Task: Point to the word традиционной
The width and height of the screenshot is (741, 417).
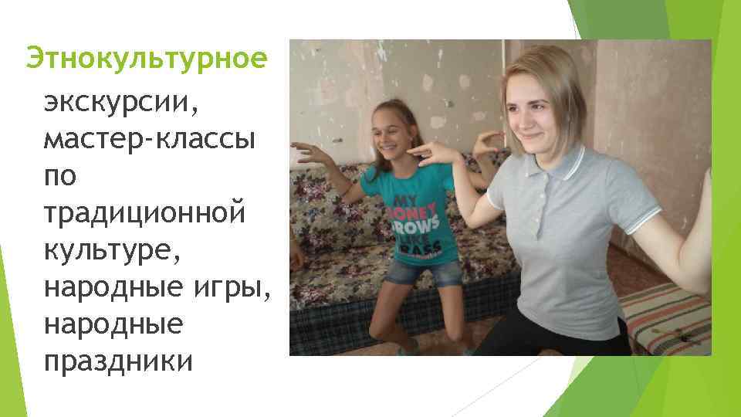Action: point(144,212)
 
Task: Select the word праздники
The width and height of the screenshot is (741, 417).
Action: point(119,360)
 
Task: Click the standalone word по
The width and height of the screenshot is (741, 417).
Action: point(60,175)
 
